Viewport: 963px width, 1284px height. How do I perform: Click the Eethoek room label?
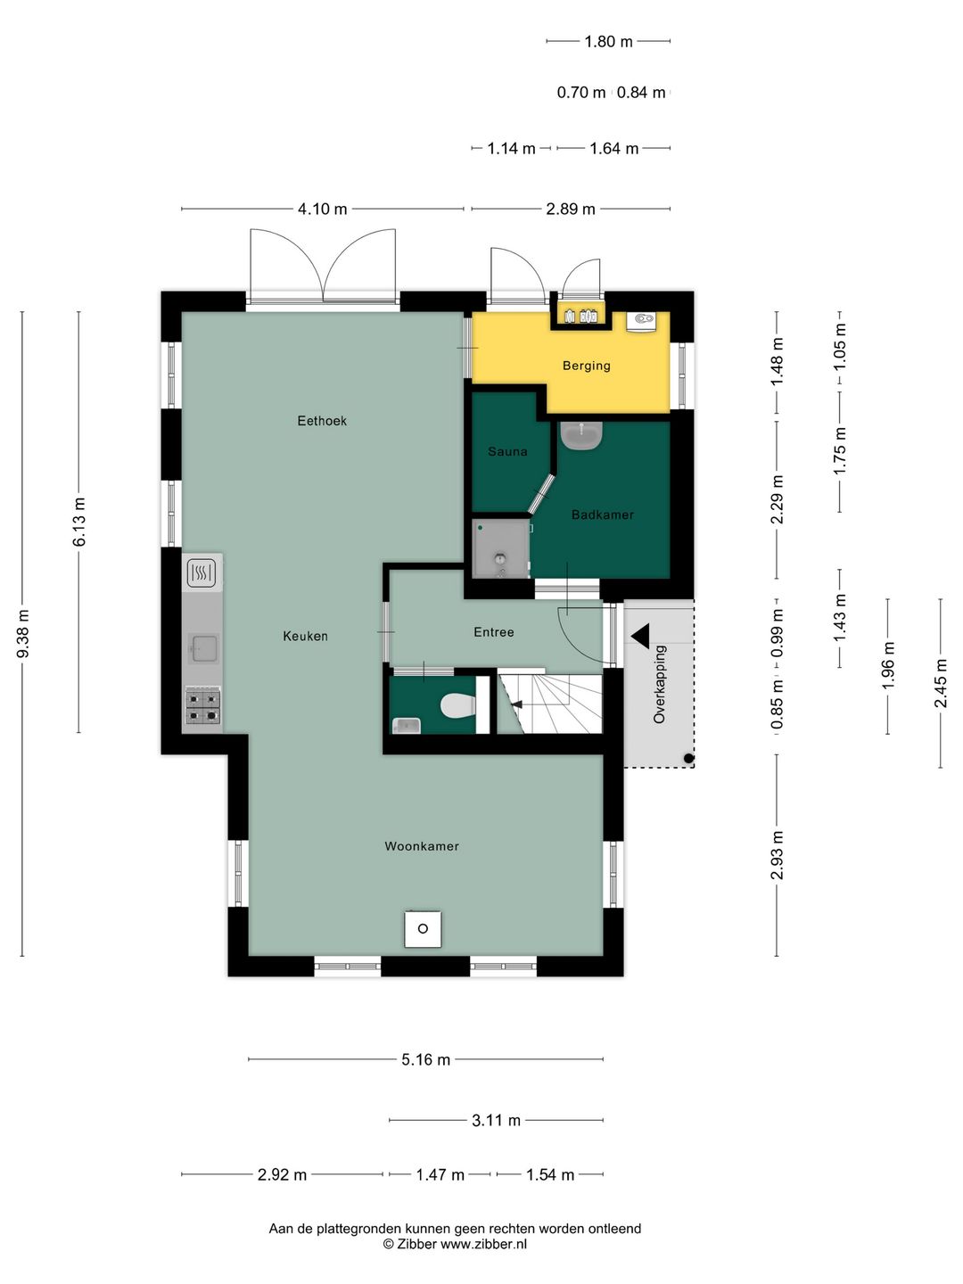tap(322, 421)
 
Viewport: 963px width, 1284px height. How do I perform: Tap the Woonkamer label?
tap(422, 846)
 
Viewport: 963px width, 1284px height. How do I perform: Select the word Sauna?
tap(507, 451)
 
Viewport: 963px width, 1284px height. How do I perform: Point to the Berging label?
tap(587, 366)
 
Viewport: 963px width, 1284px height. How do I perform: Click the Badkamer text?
tap(603, 514)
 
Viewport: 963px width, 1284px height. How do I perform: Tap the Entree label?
tap(494, 632)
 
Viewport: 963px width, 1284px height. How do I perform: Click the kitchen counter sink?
tap(203, 649)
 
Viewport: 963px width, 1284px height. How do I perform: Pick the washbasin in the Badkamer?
tap(581, 434)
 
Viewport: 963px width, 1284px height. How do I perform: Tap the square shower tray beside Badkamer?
tap(501, 547)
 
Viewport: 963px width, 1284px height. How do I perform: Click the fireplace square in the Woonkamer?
tap(423, 928)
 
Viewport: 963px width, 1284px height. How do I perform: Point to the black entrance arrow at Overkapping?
tap(640, 636)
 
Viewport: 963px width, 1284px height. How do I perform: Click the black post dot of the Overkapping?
tap(688, 759)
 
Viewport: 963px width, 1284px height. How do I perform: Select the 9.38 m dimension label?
tap(23, 633)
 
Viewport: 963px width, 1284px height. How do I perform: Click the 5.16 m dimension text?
tap(425, 1059)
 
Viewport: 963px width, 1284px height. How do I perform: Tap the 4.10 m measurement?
tap(322, 209)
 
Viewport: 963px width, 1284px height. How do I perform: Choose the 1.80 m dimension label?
tap(609, 42)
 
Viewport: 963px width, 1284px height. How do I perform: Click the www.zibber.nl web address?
tap(483, 1244)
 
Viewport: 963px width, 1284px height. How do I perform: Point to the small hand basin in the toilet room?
tap(406, 725)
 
